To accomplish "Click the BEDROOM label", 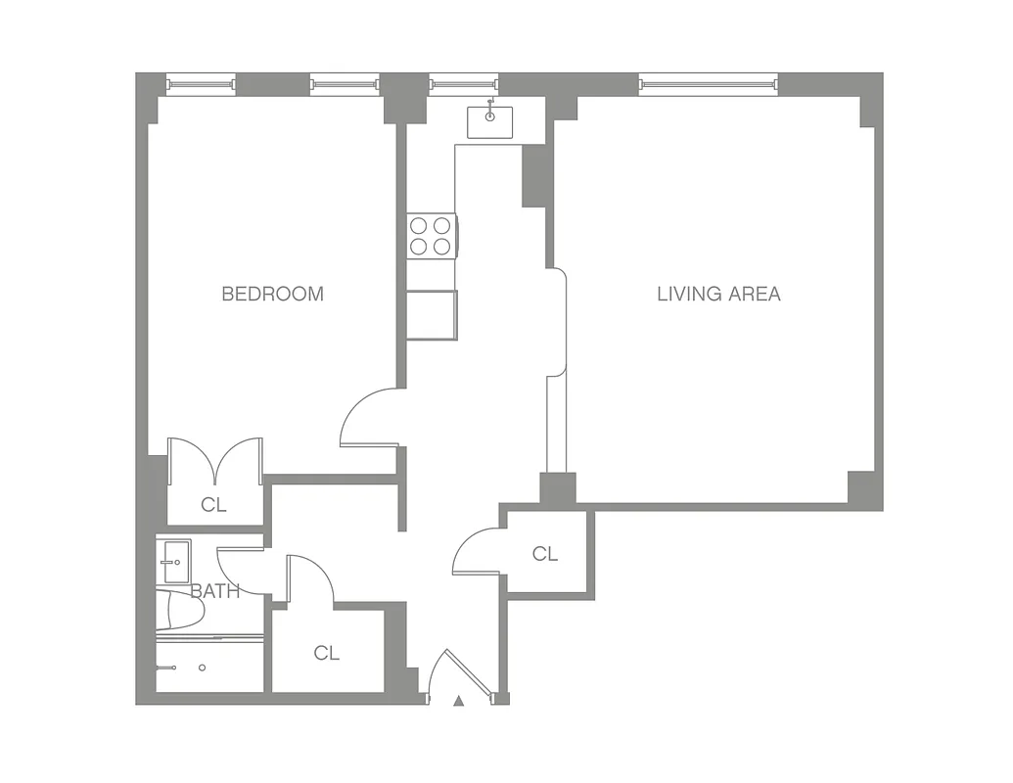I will [272, 294].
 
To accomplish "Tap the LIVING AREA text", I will [718, 294].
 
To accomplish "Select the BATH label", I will [214, 591].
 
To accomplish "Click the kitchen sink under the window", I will [489, 122].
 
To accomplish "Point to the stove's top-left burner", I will [419, 224].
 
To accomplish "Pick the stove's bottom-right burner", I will [442, 247].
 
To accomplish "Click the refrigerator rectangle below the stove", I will [432, 315].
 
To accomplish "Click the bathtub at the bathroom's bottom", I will [208, 668].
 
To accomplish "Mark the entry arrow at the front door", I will [457, 699].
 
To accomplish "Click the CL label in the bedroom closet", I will [213, 505].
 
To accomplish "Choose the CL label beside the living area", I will [545, 554].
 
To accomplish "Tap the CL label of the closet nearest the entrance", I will [327, 653].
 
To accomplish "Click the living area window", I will [709, 85].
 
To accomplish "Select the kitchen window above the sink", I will [464, 85].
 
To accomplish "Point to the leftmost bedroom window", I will [201, 85].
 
